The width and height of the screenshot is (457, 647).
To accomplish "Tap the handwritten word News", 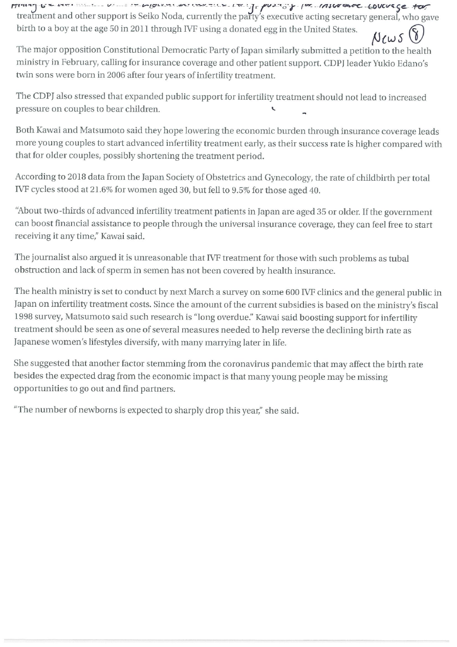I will (x=387, y=37).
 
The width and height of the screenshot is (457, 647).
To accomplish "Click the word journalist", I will (x=53, y=258).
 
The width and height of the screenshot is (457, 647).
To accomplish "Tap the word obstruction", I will (x=38, y=271).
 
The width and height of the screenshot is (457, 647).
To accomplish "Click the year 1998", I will (x=24, y=317).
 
